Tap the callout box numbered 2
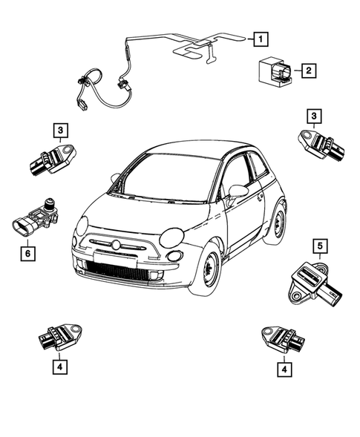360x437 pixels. pos(307,71)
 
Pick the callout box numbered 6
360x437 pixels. pos(27,253)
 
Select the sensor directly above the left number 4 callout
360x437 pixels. pos(61,338)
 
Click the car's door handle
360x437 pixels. pos(260,197)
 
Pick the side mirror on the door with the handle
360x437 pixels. pos(238,191)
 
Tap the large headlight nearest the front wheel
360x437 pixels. pos(172,237)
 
